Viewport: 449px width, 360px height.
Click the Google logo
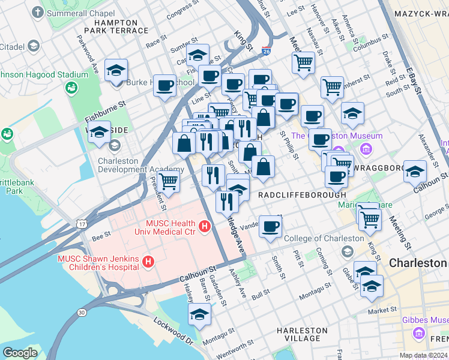20,353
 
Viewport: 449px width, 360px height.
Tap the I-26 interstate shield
266,52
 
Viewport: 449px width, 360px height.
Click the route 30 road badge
81,313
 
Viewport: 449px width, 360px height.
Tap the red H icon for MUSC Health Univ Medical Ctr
205,226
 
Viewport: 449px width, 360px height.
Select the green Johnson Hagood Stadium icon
71,88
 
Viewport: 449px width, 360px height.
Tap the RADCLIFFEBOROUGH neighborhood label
302,195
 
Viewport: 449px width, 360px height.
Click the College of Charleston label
324,238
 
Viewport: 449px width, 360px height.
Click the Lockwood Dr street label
173,331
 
